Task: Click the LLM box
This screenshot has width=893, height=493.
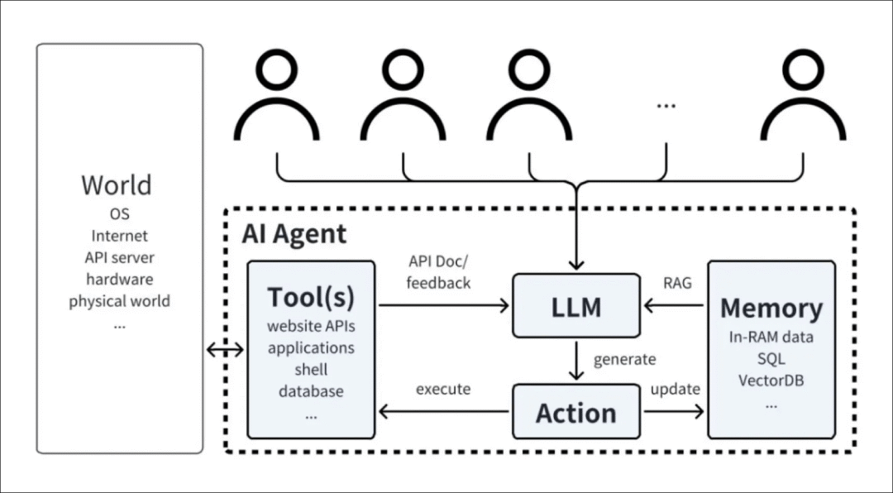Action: tap(575, 306)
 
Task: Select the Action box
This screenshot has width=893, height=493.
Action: tap(575, 411)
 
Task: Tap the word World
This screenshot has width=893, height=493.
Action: tap(117, 184)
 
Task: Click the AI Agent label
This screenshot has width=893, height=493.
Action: tap(294, 233)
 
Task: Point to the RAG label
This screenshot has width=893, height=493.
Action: tap(677, 283)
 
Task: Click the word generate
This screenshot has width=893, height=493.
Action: tap(625, 360)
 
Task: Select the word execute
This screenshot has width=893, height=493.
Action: tap(443, 390)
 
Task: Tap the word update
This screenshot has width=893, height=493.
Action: tap(675, 390)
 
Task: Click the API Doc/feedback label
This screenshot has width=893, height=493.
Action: tap(438, 272)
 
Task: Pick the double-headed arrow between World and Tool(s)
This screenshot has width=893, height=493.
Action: tap(225, 350)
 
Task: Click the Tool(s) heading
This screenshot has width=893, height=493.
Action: tap(311, 297)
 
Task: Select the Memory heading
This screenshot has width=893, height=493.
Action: tap(771, 309)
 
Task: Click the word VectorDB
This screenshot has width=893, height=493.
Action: tap(771, 381)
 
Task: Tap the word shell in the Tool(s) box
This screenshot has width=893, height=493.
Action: tap(311, 369)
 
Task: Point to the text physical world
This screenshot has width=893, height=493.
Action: tap(120, 301)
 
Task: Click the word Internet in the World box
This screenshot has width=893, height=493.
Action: tap(120, 236)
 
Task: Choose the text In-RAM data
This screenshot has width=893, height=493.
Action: tap(771, 337)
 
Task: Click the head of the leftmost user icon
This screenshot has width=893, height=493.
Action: tap(277, 68)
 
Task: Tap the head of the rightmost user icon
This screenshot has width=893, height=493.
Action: tap(803, 68)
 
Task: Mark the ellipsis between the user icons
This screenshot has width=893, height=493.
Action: tap(666, 105)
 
